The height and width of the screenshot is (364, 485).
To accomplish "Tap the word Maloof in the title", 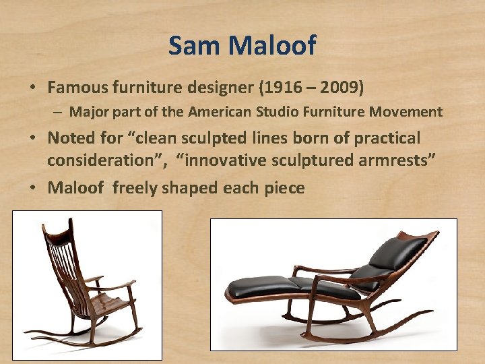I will (x=272, y=46).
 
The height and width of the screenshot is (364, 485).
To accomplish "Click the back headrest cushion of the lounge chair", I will (x=397, y=253).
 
